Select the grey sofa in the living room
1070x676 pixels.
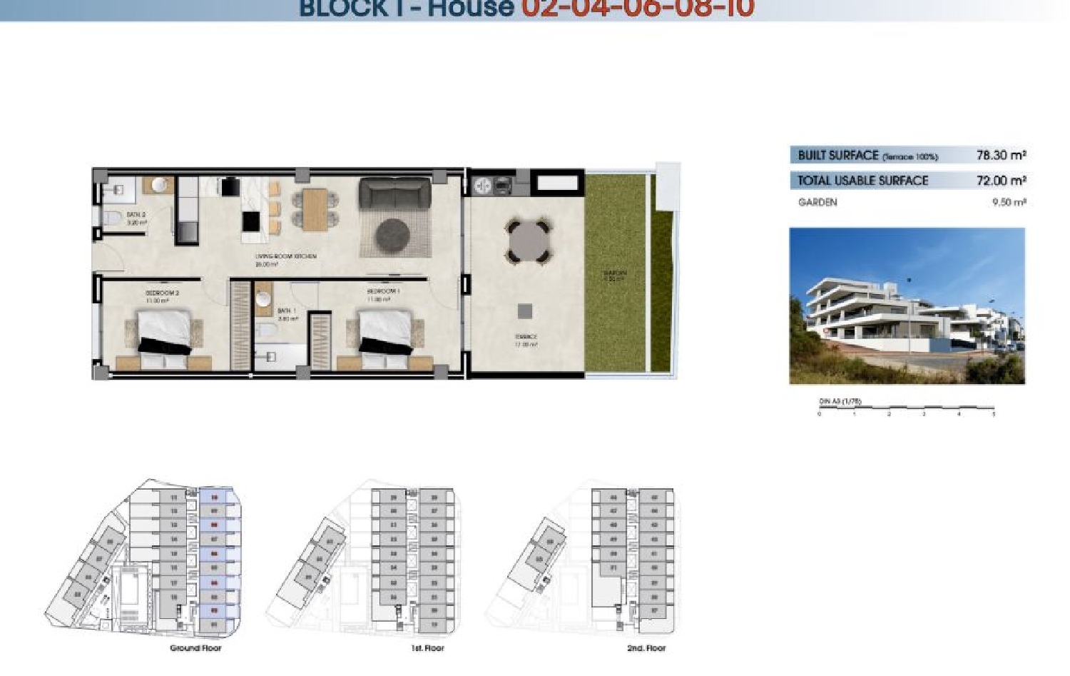(x=394, y=193)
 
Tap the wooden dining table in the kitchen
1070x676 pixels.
(x=315, y=208)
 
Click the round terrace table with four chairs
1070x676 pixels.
(x=529, y=241)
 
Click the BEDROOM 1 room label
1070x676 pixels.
(x=383, y=291)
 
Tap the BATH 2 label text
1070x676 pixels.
(x=136, y=214)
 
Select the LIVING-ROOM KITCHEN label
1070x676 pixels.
(x=285, y=256)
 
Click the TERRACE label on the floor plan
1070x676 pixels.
(x=526, y=337)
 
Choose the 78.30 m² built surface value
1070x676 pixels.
(x=1001, y=155)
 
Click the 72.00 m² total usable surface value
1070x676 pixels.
(x=1001, y=181)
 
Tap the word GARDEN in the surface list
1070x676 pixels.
(x=817, y=202)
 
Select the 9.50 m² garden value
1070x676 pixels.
(x=1009, y=202)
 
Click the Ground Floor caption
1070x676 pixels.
(x=195, y=648)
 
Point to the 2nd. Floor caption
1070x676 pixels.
(x=646, y=648)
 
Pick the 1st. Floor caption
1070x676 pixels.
(x=427, y=648)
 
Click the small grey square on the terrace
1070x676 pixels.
(x=525, y=311)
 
